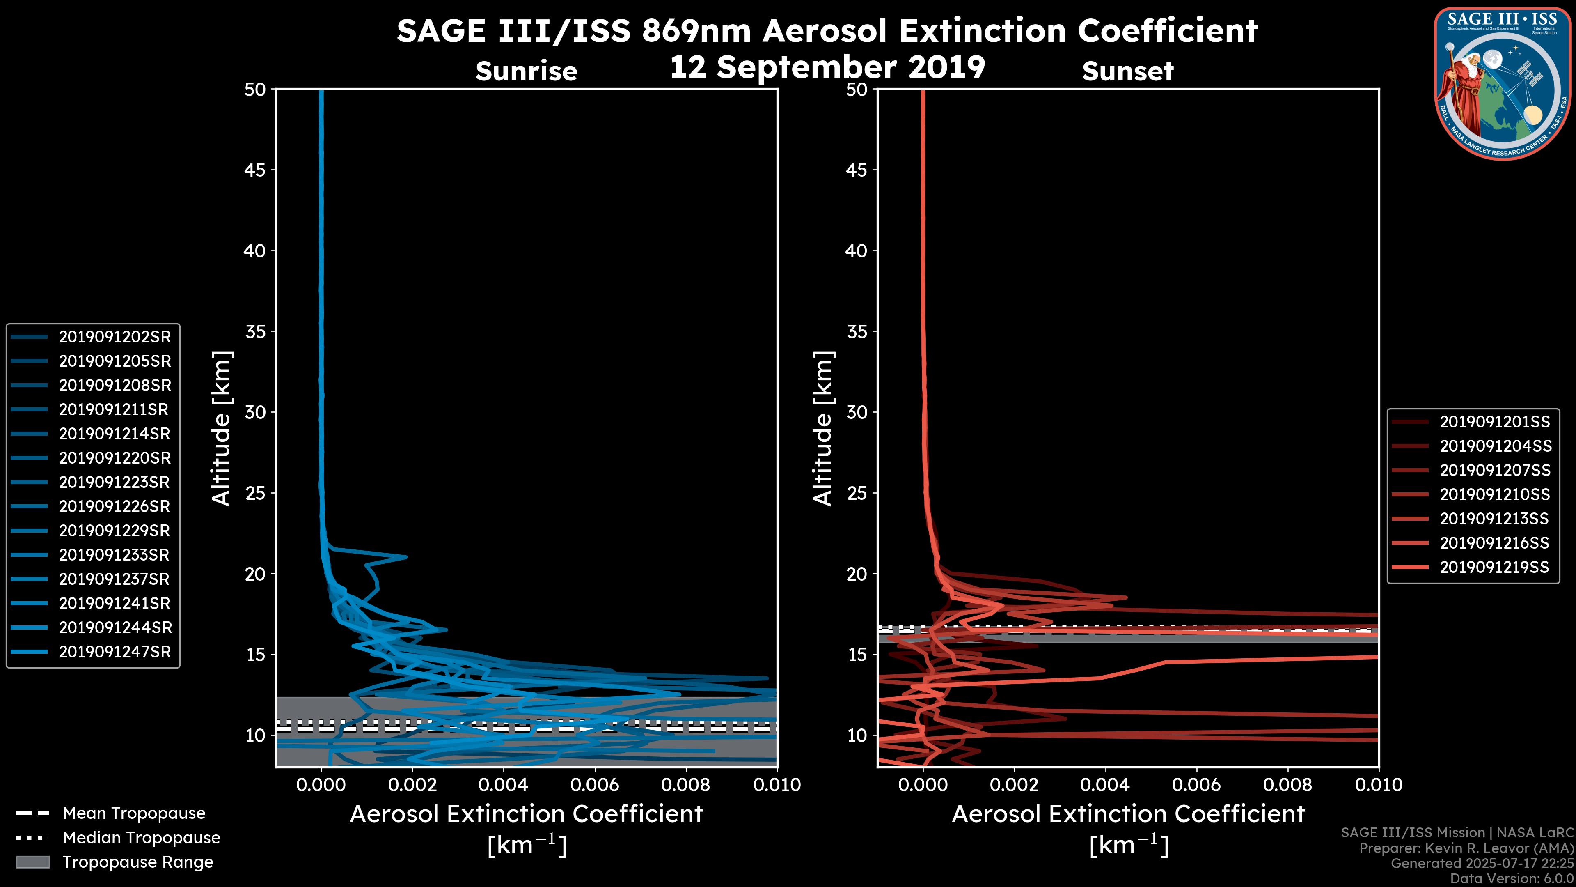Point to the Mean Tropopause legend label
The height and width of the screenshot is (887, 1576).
tap(134, 813)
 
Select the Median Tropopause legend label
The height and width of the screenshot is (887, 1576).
tap(141, 838)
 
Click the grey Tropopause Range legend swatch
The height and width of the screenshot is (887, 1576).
tap(33, 862)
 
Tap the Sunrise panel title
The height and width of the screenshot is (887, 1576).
tap(526, 71)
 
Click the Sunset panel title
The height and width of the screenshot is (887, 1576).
tap(1127, 71)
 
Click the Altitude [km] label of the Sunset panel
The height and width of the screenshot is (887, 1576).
tap(823, 428)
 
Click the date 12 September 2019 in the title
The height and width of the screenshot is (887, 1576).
tap(827, 67)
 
